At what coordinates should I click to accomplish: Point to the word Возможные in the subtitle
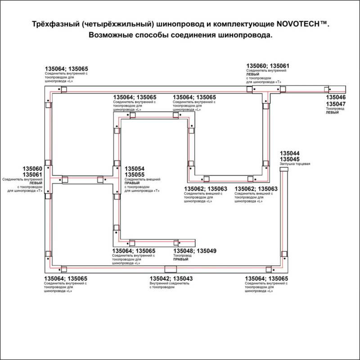click(110, 35)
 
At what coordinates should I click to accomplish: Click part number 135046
click(336, 97)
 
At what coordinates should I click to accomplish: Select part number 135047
click(336, 104)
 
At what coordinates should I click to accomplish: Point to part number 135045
click(290, 159)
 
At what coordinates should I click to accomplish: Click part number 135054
click(134, 168)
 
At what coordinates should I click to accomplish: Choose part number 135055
click(134, 175)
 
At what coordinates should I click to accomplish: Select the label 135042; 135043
click(171, 279)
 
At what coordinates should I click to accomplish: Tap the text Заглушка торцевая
click(295, 164)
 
